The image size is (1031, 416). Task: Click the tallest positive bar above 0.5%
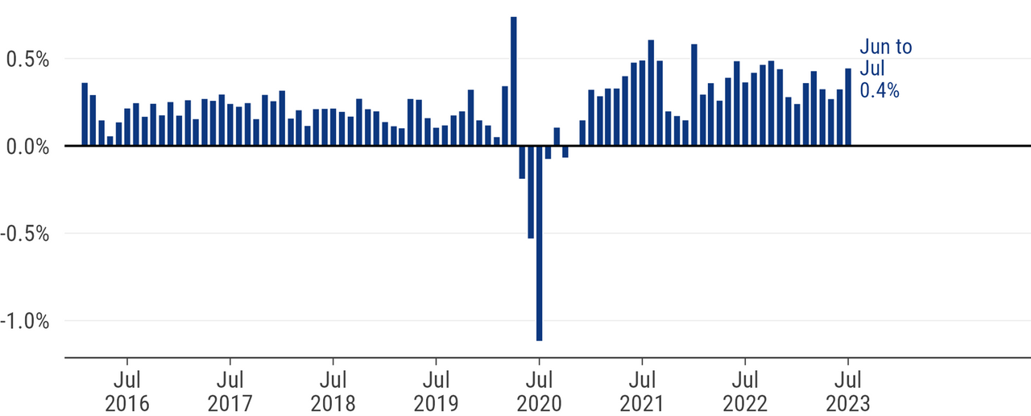pyautogui.click(x=513, y=81)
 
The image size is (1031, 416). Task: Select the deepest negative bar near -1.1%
pyautogui.click(x=539, y=243)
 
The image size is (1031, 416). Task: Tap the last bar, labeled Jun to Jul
pyautogui.click(x=847, y=107)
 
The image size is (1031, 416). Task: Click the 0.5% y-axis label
pyautogui.click(x=27, y=60)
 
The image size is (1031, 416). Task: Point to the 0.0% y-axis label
pyautogui.click(x=27, y=147)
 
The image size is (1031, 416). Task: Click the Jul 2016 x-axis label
pyautogui.click(x=127, y=389)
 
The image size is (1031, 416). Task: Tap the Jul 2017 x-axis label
pyautogui.click(x=230, y=389)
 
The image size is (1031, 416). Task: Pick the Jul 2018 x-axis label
pyautogui.click(x=333, y=389)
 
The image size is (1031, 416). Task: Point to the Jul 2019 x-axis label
pyautogui.click(x=436, y=389)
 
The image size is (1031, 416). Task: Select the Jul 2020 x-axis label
pyautogui.click(x=539, y=389)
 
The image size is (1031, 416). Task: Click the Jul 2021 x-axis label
pyautogui.click(x=642, y=389)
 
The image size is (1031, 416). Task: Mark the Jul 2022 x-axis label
pyautogui.click(x=745, y=389)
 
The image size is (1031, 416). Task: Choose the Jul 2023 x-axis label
pyautogui.click(x=848, y=389)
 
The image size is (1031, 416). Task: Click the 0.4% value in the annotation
pyautogui.click(x=880, y=90)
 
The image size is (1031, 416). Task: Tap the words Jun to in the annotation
pyautogui.click(x=886, y=47)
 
